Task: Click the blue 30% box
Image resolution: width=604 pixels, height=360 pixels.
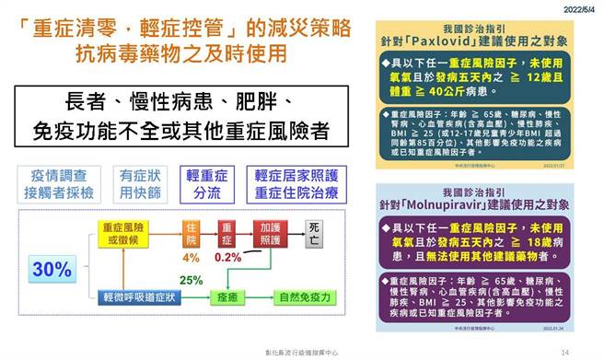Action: click(52, 270)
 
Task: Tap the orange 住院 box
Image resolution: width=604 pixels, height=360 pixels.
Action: click(192, 233)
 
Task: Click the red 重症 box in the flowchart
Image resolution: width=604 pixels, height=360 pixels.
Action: click(226, 233)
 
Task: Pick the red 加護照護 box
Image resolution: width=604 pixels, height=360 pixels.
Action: click(269, 233)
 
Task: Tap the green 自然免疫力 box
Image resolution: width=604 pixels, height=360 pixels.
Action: click(298, 296)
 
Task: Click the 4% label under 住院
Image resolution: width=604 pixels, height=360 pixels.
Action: click(192, 257)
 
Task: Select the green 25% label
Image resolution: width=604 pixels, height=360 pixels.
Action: click(191, 279)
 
